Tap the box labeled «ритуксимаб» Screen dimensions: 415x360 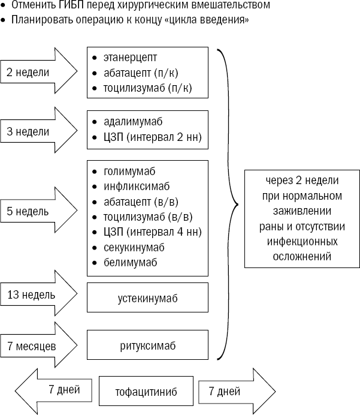(147, 346)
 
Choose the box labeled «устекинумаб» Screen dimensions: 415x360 (147, 297)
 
